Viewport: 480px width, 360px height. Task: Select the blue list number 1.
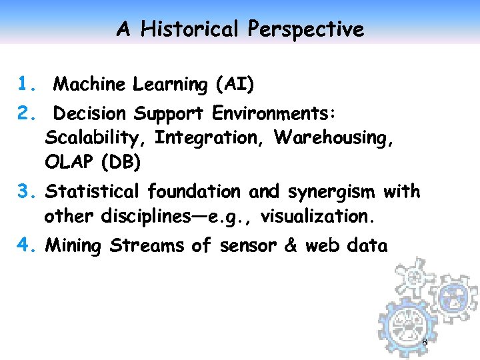(26, 85)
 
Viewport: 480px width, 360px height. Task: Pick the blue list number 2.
(26, 114)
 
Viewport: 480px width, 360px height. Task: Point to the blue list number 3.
(26, 193)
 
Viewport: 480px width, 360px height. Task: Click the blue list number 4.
(26, 246)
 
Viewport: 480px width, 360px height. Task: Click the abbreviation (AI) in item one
(234, 85)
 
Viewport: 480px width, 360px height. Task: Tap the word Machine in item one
(89, 85)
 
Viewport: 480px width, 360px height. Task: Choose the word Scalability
(97, 138)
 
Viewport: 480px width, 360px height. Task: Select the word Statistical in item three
(93, 193)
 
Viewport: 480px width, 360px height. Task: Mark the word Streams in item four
(147, 246)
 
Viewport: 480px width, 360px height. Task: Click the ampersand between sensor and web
(291, 246)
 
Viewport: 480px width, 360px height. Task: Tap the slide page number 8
(425, 342)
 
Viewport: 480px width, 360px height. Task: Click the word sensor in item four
(247, 246)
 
